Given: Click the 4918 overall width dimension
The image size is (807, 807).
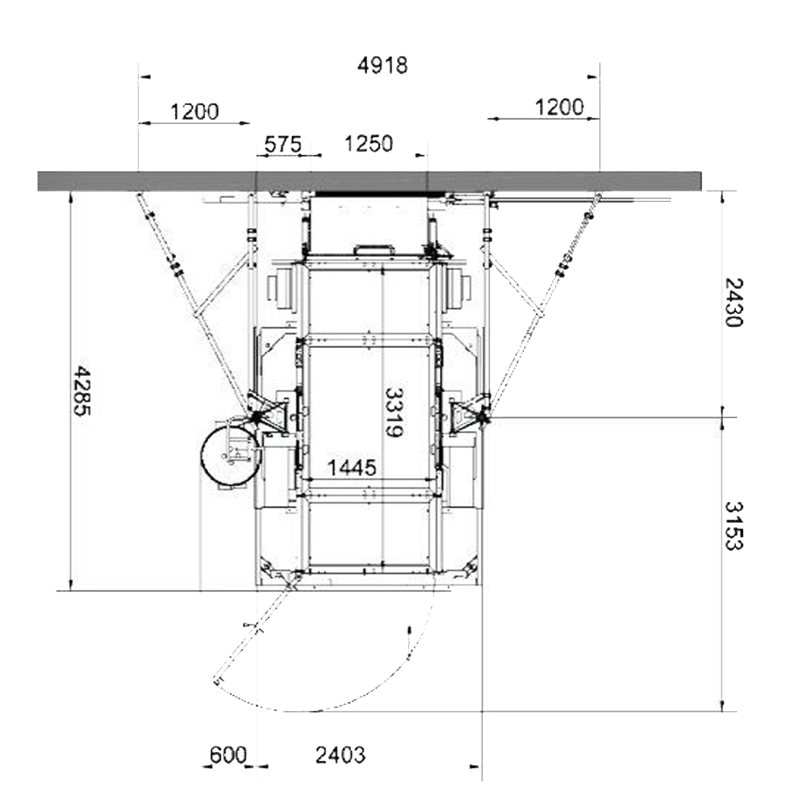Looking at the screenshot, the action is coord(383,65).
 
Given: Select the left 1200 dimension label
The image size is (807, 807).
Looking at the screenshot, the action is coord(194,111).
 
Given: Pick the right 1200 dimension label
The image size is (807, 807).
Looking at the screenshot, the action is coord(559,107).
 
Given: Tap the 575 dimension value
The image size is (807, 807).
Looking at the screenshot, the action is coord(282,144).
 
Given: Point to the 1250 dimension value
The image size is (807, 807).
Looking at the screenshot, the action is coord(369,144).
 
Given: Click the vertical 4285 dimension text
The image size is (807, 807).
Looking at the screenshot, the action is coord(82,391).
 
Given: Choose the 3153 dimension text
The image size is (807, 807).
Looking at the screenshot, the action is coord(734,525).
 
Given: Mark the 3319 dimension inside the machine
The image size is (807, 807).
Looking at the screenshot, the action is coord(394,412).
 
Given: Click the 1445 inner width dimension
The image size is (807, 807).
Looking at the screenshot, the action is coord(352,468).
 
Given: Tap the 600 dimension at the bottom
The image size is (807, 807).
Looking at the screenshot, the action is coord(228,755).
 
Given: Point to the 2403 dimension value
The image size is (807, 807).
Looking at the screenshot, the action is coord(341,755).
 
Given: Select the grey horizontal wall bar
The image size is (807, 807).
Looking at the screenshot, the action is coord(370,181).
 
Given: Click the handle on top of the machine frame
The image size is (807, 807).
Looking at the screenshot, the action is coord(374,249).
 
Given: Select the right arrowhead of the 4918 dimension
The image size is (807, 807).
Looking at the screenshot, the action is coord(593,77).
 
